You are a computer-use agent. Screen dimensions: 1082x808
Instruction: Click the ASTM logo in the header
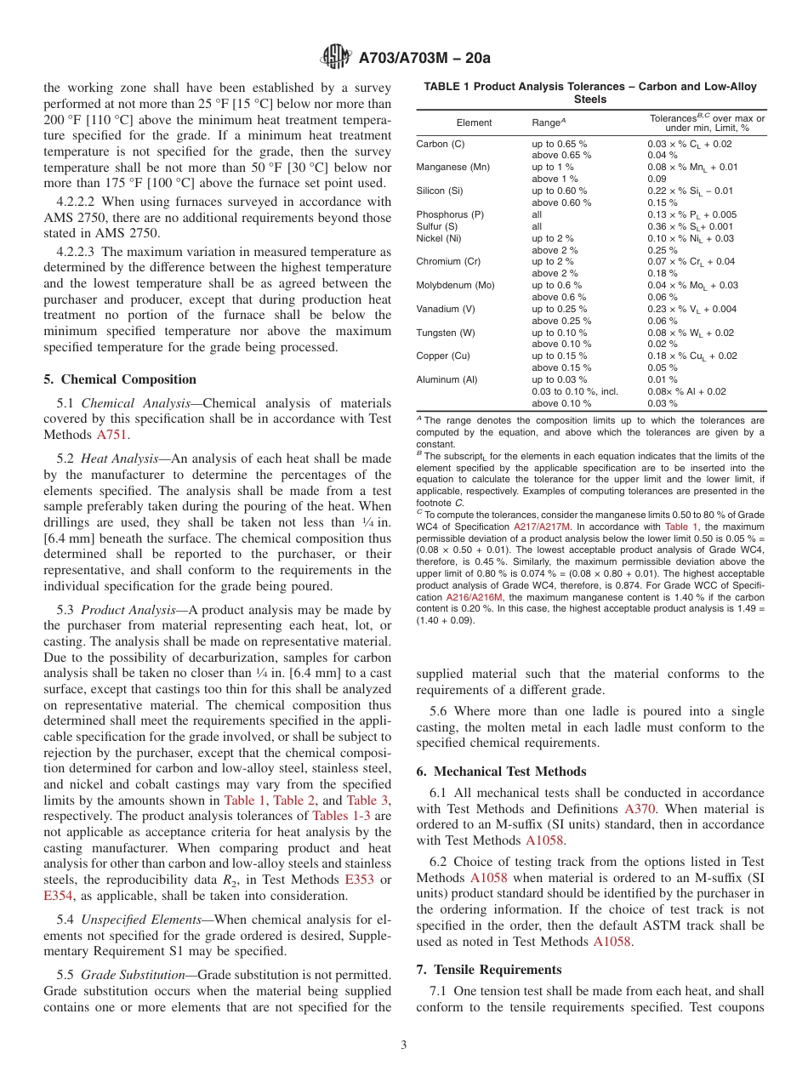(x=337, y=58)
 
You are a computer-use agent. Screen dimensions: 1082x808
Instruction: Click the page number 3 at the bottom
(x=403, y=1045)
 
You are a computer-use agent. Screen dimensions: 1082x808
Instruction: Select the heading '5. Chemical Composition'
(x=120, y=379)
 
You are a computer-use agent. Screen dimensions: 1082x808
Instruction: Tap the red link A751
(x=112, y=435)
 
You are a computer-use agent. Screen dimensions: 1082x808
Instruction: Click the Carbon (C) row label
(x=440, y=144)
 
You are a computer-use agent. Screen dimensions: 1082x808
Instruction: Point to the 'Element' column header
(x=474, y=123)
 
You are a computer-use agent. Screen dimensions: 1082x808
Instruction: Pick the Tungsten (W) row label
(x=446, y=333)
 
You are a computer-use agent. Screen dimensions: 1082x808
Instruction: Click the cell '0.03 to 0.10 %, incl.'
(x=575, y=391)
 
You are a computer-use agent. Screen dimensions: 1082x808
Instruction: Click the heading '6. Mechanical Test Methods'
(x=501, y=772)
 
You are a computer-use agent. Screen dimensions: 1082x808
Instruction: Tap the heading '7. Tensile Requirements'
(x=489, y=970)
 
